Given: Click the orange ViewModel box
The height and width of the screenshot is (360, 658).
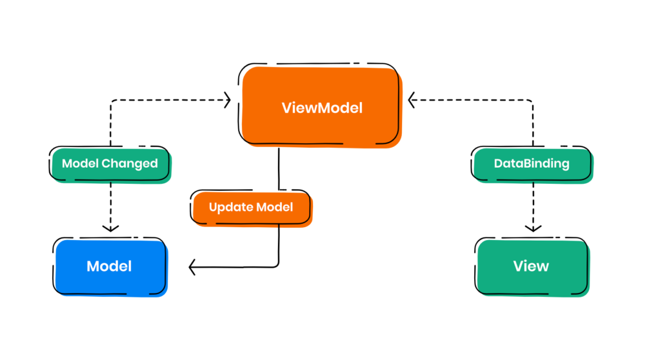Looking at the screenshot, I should coord(321,106).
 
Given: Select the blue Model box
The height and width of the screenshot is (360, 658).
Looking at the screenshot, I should coord(110,266).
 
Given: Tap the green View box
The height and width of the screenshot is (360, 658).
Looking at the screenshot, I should coord(532,266).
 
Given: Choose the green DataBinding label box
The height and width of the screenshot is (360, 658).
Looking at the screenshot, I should coord(532,164).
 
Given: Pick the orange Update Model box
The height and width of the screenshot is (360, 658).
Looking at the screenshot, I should coord(251,208).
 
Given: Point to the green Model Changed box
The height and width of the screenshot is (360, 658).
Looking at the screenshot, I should coord(110,164).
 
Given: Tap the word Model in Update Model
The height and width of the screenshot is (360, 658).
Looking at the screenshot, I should coord(275,208).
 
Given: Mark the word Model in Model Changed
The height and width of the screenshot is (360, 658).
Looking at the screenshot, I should coord(80,164).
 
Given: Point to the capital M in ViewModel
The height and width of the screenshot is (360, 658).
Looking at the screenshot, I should coord(319,108).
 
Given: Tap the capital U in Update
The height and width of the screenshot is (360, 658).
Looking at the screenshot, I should coord(213,208).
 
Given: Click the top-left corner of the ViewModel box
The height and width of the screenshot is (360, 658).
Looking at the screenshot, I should coord(244,70).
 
